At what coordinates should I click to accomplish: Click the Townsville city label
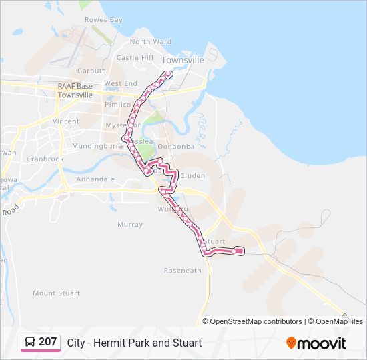(x=182, y=60)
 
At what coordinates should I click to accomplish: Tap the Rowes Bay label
(x=103, y=20)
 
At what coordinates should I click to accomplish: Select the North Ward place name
(x=151, y=41)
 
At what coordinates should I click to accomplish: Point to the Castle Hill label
(x=135, y=58)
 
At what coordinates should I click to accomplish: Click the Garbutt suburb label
(x=91, y=71)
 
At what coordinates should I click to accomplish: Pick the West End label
(x=121, y=84)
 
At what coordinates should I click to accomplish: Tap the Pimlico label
(x=117, y=105)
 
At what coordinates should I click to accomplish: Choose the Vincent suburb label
(x=66, y=122)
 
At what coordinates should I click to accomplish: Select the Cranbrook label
(x=45, y=159)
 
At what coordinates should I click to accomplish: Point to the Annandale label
(x=96, y=179)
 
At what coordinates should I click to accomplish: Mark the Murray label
(x=130, y=225)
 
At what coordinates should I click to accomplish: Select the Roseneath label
(x=183, y=271)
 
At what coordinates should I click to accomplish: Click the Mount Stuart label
(x=56, y=293)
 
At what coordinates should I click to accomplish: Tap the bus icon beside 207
(x=30, y=342)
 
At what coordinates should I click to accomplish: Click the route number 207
(x=48, y=342)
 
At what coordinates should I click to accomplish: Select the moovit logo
(x=316, y=343)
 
